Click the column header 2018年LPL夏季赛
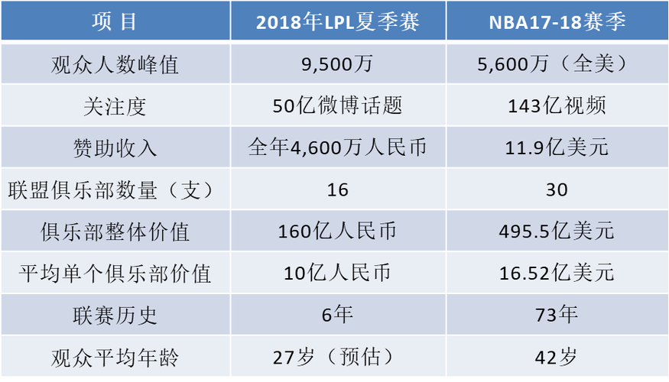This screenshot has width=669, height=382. point(337,21)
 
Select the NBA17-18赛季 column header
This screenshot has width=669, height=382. point(557,21)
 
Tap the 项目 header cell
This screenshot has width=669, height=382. point(115,21)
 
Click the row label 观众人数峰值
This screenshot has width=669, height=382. point(115,64)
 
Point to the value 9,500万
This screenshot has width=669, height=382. point(337,64)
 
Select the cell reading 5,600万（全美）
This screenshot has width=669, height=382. point(557,64)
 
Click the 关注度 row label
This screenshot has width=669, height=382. point(115,105)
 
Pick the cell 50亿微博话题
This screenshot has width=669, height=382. point(337,105)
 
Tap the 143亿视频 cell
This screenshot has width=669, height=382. point(557,105)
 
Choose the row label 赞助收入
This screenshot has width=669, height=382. point(115,147)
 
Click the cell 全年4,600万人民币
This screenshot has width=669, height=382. point(337,147)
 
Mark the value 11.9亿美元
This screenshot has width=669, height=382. point(557,147)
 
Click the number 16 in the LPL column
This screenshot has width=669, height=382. point(337,189)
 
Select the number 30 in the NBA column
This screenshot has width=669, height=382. point(557,189)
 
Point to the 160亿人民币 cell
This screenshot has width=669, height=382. point(337,230)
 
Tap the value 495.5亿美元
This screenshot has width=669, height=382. point(557,230)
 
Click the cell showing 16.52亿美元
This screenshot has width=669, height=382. point(557,272)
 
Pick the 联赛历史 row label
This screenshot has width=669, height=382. point(115,313)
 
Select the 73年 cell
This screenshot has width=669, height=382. point(557,313)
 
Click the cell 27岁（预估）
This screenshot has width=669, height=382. point(337,355)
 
